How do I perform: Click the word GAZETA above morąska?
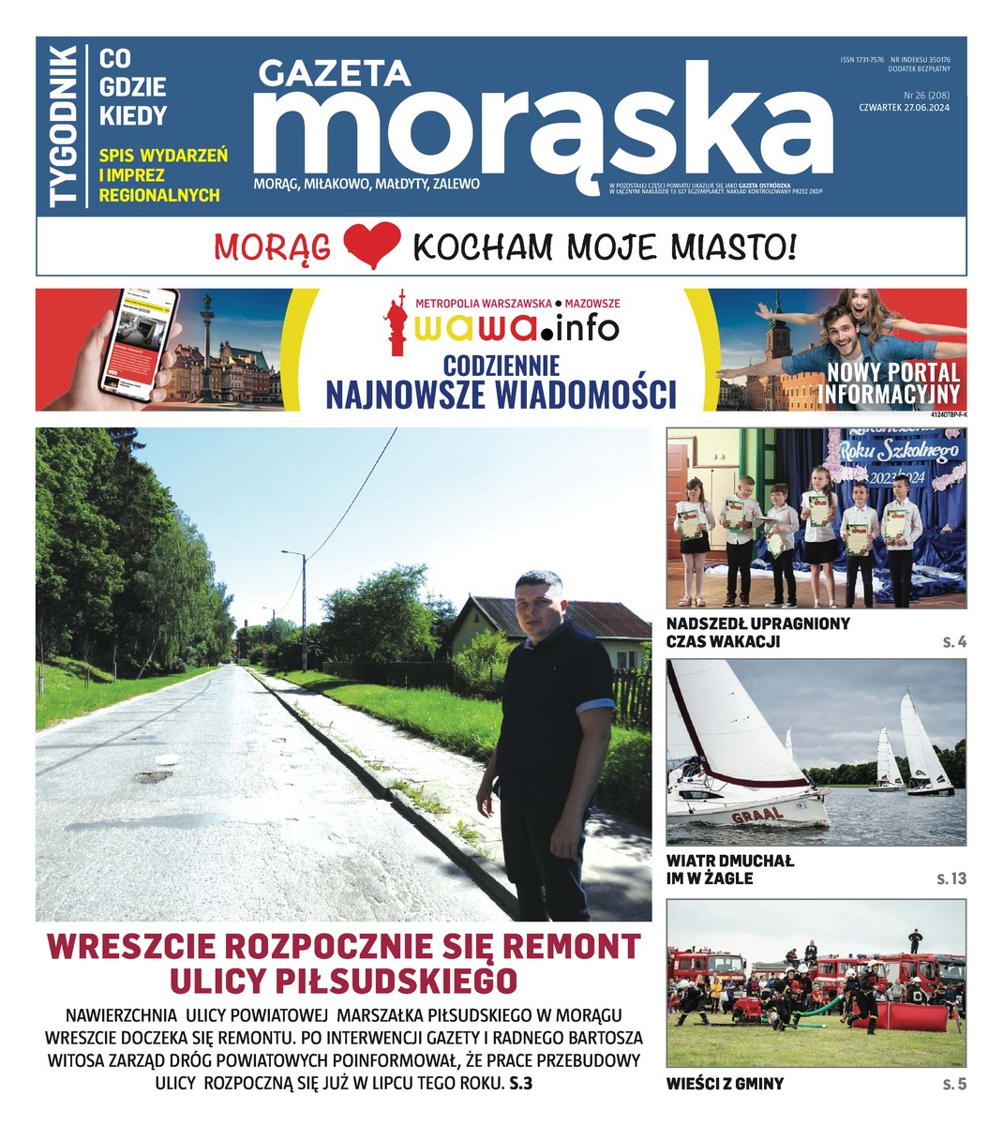point(335,74)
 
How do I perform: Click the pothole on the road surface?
point(153,776)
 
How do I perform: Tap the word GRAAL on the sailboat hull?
point(756,814)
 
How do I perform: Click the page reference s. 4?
point(954,642)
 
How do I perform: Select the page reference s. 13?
point(951,878)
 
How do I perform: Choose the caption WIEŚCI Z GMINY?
point(725,1084)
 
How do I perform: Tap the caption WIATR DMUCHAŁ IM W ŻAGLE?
point(729,869)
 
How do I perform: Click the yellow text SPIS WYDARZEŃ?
point(163,155)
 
